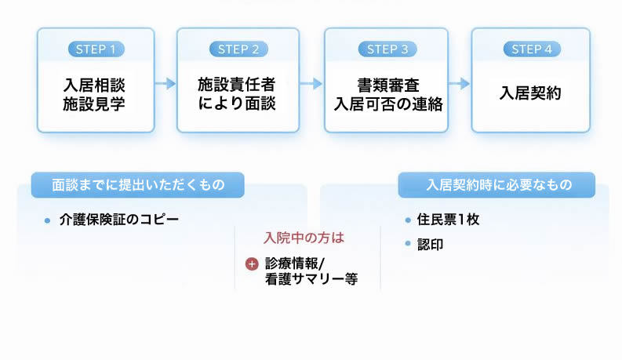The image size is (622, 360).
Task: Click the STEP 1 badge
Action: [96, 49]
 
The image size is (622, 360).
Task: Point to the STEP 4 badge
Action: [531, 49]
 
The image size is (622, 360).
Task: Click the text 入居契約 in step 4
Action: [531, 93]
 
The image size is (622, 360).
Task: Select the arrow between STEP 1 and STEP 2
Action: [165, 83]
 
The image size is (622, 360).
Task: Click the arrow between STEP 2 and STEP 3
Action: [311, 83]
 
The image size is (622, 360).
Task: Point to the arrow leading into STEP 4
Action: [459, 83]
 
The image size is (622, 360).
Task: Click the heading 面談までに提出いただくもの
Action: [138, 185]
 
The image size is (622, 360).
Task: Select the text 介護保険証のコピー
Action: [119, 220]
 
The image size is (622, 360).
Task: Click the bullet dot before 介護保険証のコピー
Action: [48, 220]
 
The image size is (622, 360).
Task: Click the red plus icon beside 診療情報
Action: [252, 264]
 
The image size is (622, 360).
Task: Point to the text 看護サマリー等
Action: [311, 279]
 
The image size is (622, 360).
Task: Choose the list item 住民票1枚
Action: [449, 220]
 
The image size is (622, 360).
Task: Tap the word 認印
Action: [431, 244]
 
